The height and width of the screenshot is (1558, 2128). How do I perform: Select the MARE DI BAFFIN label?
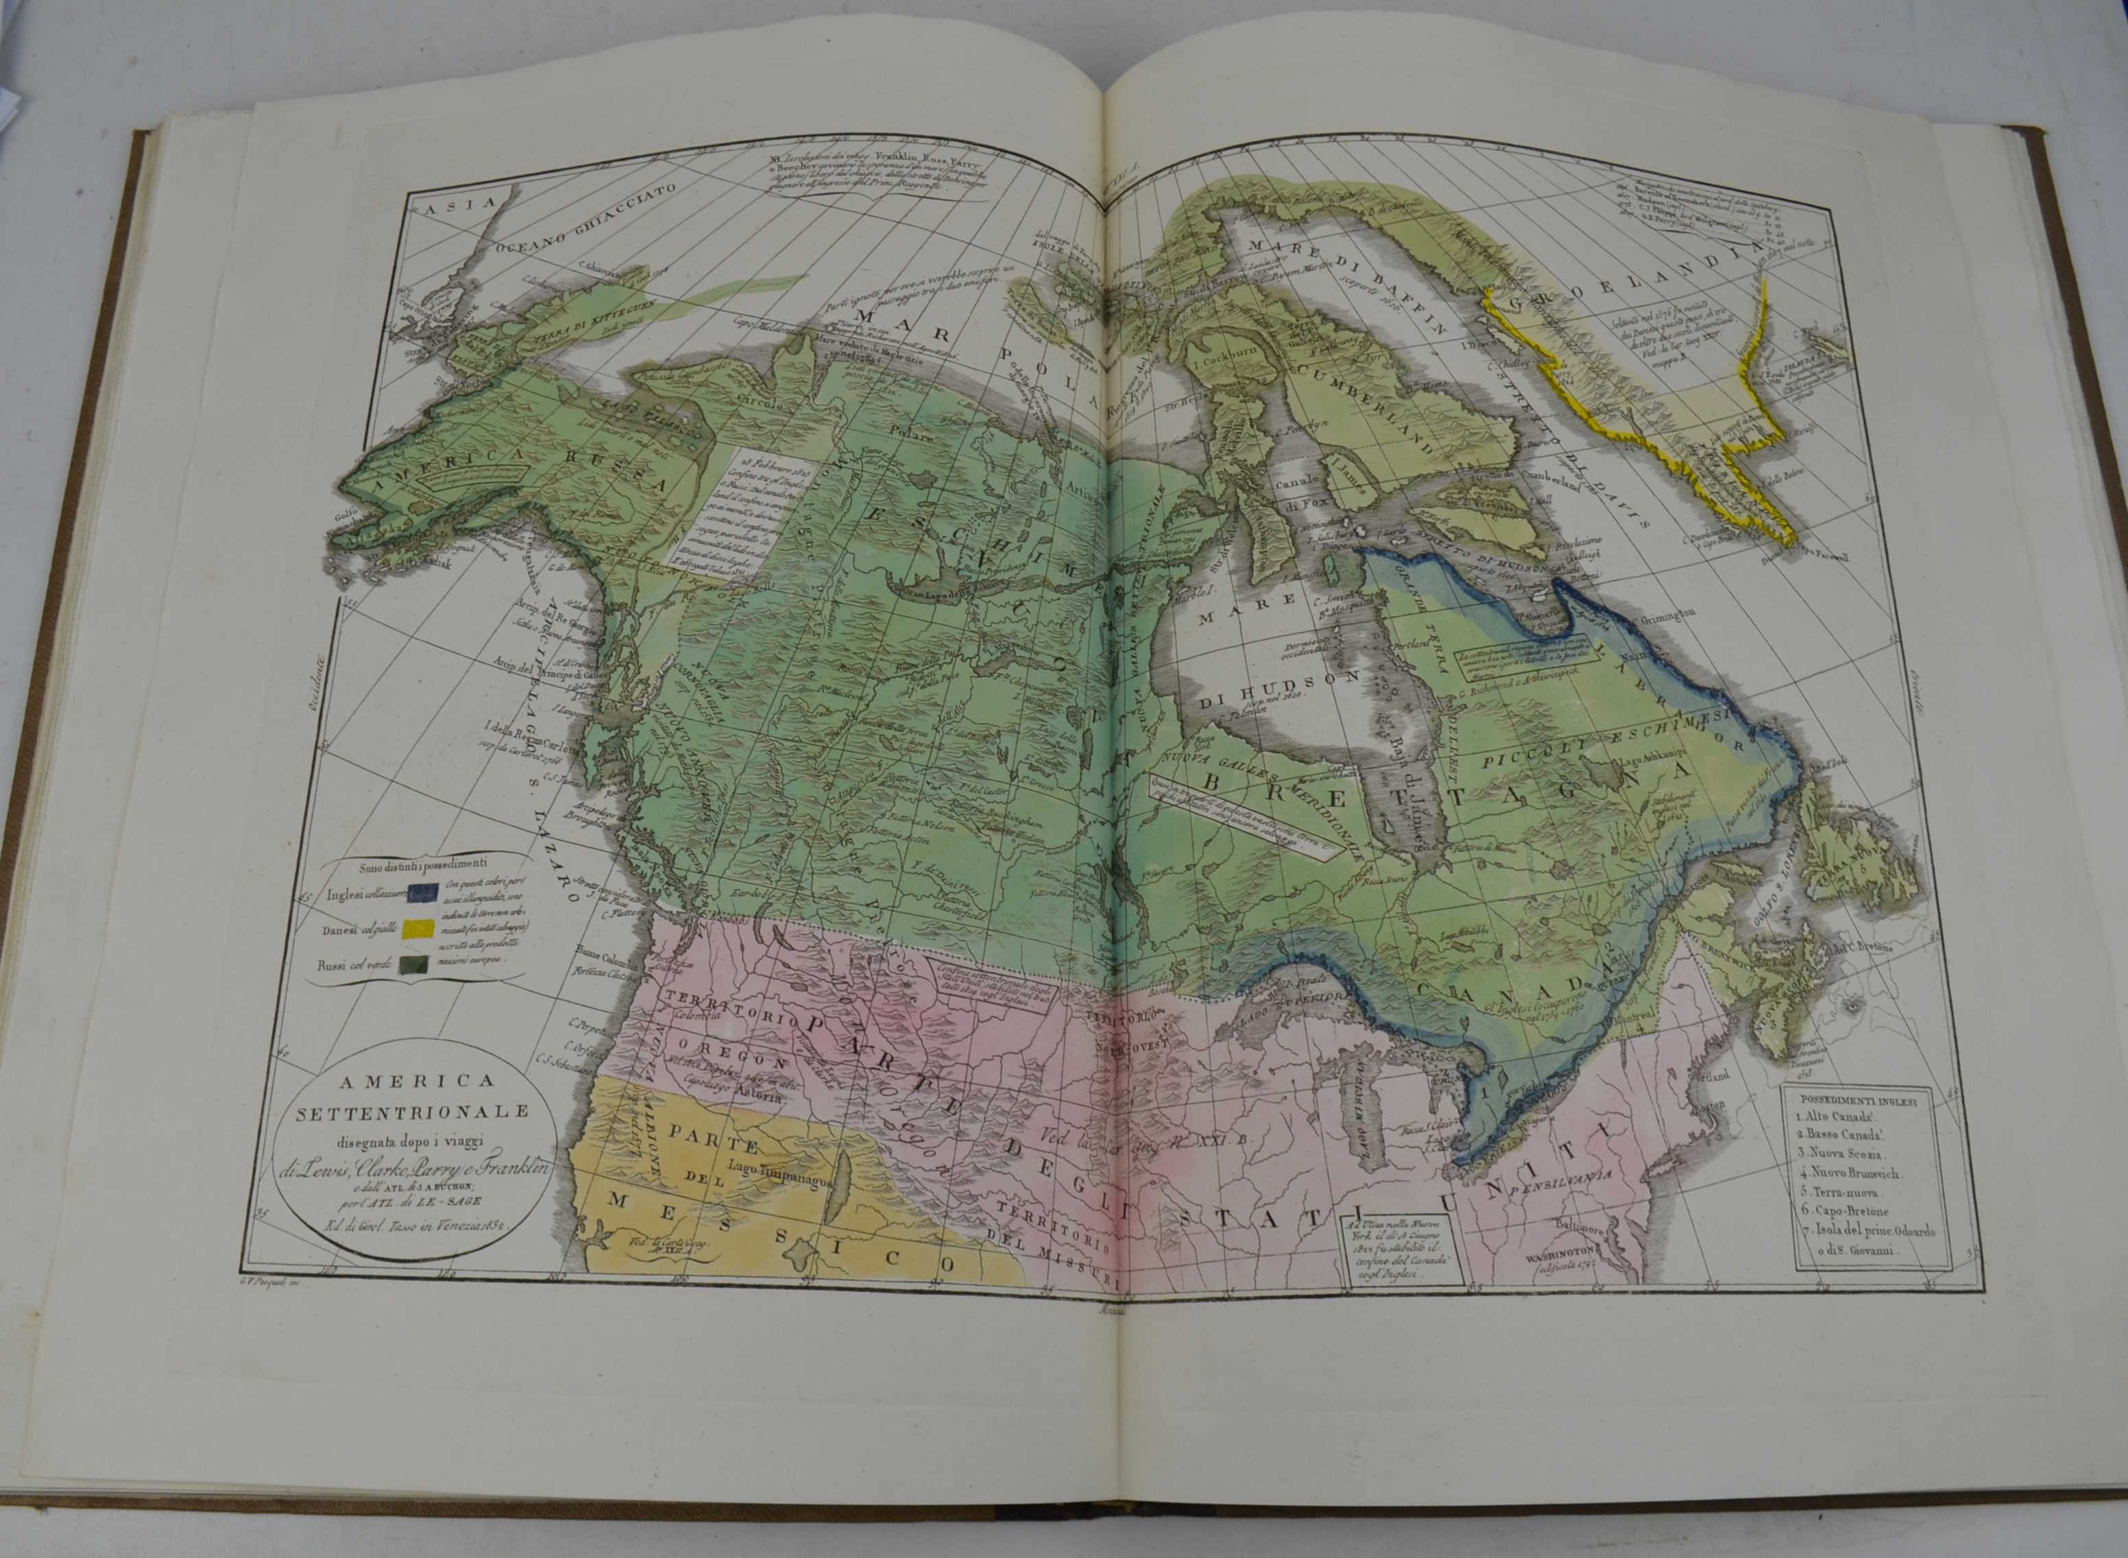tap(1349, 284)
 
